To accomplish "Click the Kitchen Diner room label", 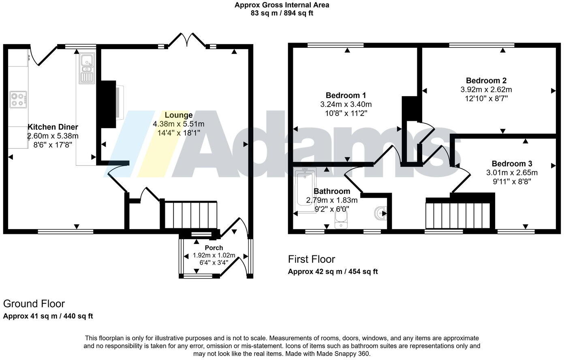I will tap(53, 127).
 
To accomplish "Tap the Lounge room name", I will tap(178, 115).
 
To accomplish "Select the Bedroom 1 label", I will tap(346, 96).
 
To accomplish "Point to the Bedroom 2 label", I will tap(486, 81).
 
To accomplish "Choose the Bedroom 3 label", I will tap(512, 164).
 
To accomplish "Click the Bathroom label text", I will tap(332, 191).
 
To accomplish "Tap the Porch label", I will tap(214, 248).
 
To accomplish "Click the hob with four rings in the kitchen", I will tap(18, 99).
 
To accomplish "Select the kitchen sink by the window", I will tap(87, 68).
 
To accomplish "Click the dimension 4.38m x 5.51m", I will tap(178, 124).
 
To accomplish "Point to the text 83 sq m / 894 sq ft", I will tap(282, 13).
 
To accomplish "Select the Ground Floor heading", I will tap(34, 304).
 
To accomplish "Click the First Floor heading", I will tap(311, 259).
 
